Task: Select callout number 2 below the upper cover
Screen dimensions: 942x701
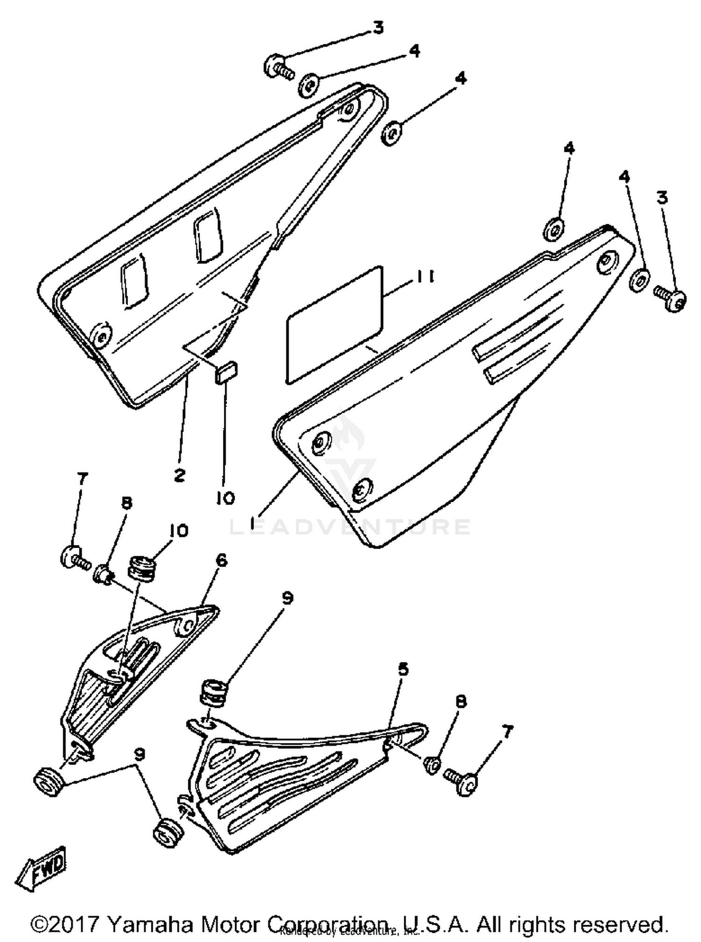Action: point(179,476)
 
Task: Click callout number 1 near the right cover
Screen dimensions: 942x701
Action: point(253,524)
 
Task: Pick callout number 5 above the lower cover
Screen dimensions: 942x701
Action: point(402,669)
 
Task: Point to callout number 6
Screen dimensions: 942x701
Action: point(221,559)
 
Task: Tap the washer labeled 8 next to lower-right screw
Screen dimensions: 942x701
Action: point(433,765)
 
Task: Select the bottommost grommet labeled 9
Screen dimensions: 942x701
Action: point(168,833)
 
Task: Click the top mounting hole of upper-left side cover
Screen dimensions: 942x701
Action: point(348,110)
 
